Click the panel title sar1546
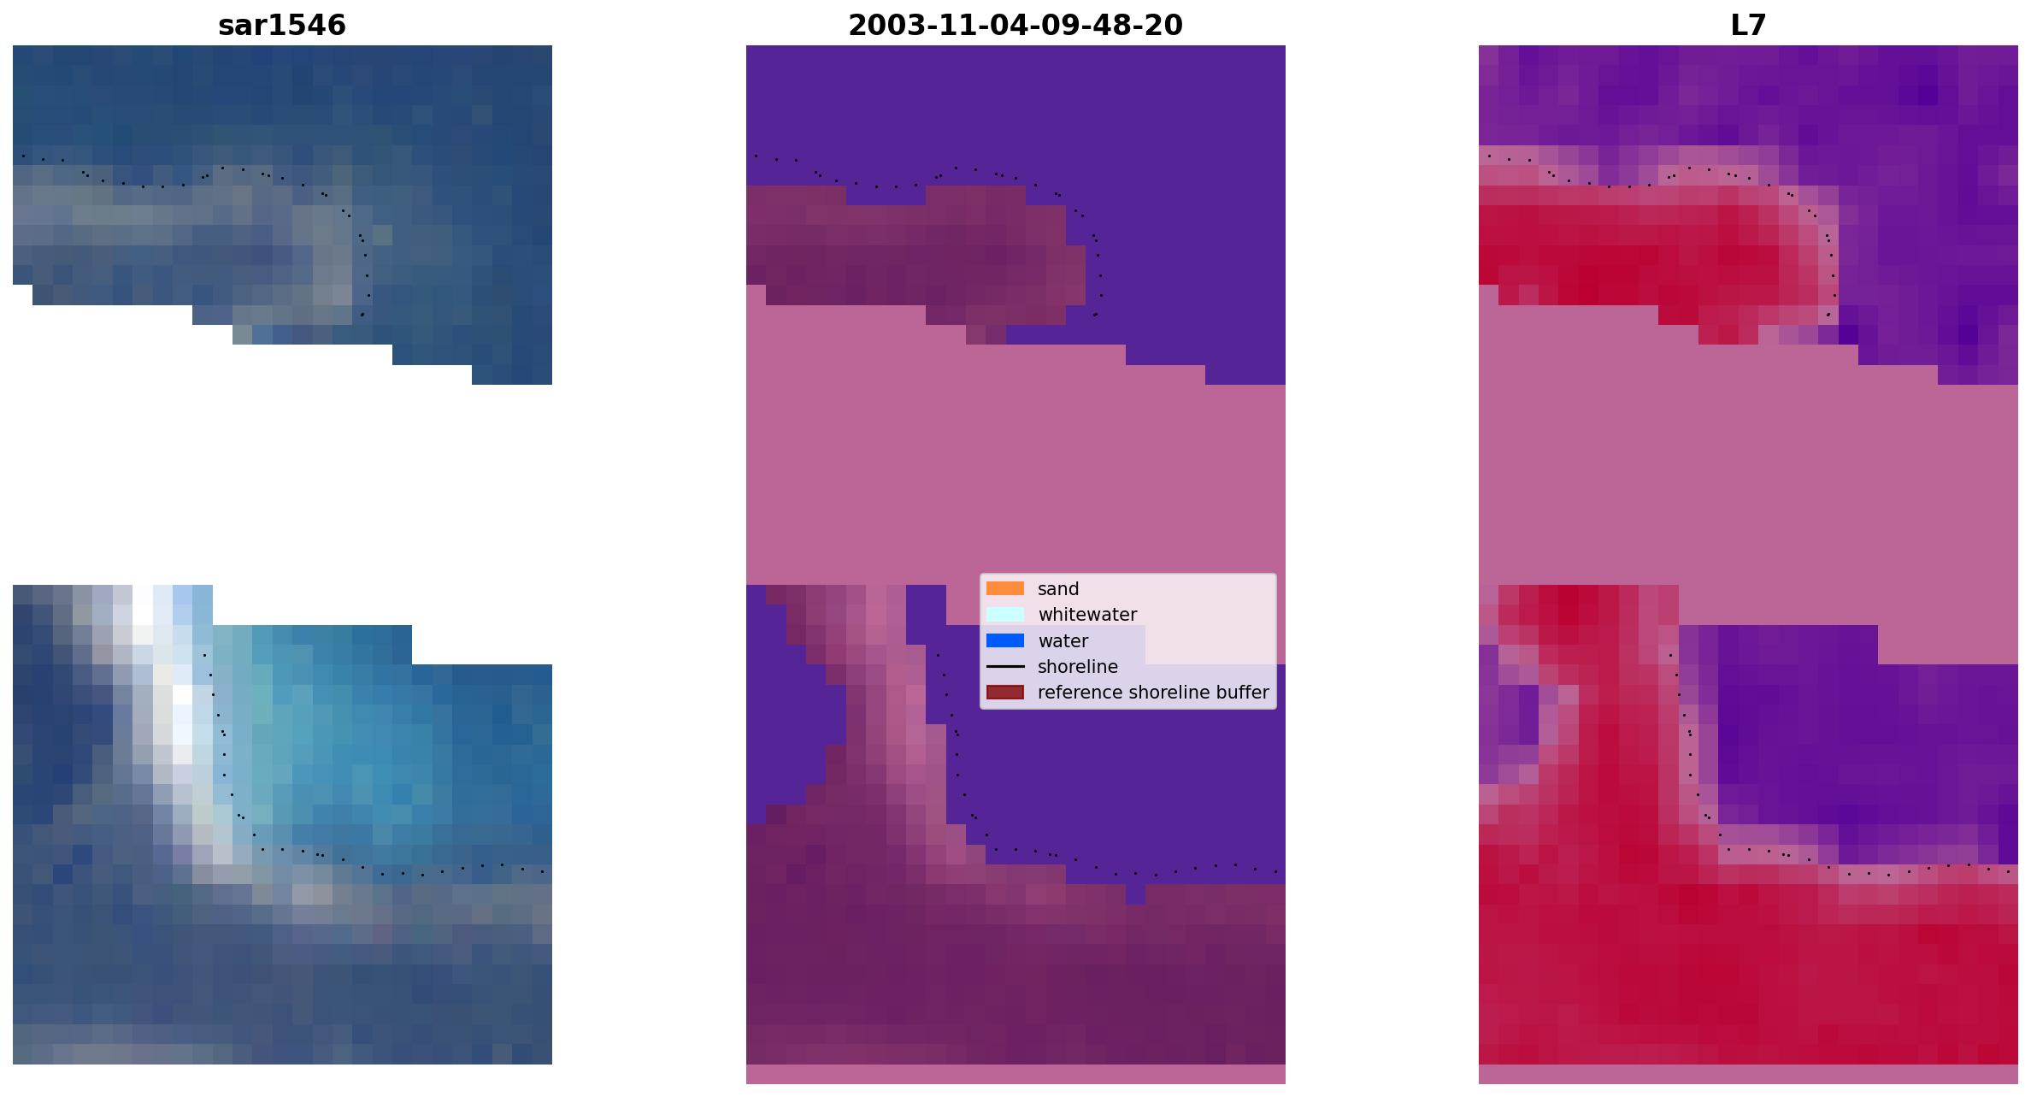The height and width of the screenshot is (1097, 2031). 282,25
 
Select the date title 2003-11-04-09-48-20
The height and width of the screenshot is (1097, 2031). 1015,25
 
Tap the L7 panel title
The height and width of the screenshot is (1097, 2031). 1748,25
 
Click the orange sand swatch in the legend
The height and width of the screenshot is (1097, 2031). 1005,588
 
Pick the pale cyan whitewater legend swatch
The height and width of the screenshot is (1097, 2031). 1005,614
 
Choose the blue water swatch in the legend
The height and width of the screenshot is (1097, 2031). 1005,640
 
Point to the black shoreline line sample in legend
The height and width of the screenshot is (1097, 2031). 1005,666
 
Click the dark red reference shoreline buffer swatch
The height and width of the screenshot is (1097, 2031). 1005,692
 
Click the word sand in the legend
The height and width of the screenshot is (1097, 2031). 1058,589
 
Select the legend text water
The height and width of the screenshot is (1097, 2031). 1063,641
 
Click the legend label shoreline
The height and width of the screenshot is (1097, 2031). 1078,667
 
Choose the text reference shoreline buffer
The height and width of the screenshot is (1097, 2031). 1153,693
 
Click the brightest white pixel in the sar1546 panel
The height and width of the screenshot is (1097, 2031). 182,694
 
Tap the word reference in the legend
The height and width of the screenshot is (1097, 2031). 1079,693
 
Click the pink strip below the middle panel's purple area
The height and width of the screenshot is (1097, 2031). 1015,1074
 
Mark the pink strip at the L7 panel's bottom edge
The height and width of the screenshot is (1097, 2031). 1748,1074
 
